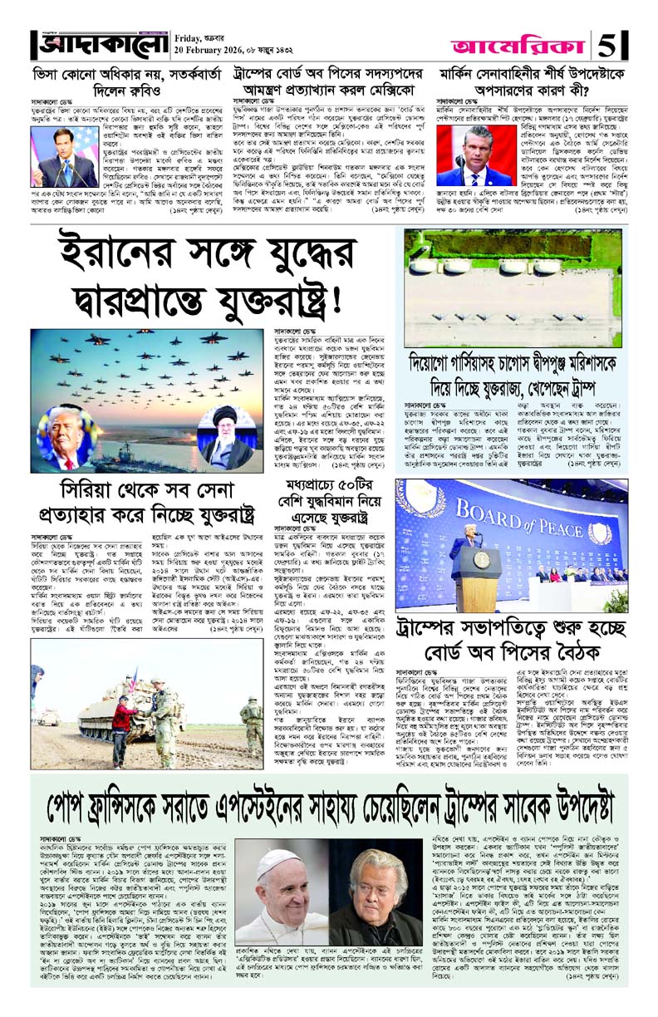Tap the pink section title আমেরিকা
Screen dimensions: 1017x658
click(521, 42)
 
